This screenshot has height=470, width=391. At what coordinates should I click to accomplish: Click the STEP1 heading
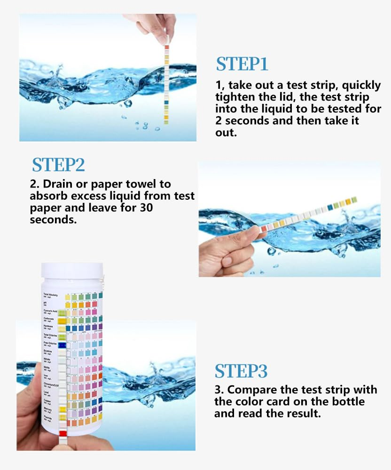coord(242,64)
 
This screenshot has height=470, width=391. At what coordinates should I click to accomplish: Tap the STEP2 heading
coord(58,165)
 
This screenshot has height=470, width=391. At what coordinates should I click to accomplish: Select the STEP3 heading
coord(241,371)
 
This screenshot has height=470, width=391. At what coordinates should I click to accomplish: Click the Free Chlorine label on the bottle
coord(50,345)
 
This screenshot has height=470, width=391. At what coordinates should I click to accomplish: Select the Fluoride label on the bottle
coord(49,418)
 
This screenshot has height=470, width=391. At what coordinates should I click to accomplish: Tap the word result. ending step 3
coord(301,414)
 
